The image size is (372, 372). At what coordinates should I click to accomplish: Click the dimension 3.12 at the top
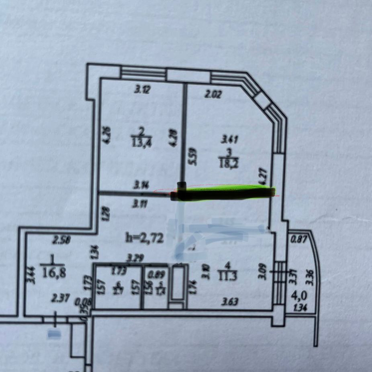[x=141, y=90]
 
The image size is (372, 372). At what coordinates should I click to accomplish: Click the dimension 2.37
[x=59, y=298]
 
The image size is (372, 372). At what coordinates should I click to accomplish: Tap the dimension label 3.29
[x=134, y=256]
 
